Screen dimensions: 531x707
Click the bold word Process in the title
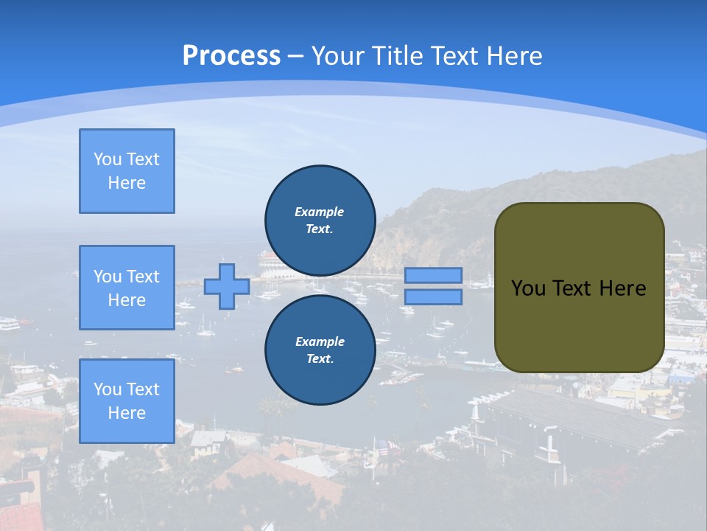point(231,56)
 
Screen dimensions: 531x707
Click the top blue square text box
point(127,171)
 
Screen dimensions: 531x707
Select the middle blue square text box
point(127,288)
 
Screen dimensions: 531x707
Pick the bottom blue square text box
point(127,401)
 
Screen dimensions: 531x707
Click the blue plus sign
point(227,286)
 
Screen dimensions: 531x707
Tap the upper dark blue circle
point(320,220)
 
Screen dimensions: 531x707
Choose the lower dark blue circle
point(320,350)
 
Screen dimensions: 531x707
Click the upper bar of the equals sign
point(433,276)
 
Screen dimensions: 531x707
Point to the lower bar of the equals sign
point(433,297)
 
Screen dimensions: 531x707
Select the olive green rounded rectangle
point(579,288)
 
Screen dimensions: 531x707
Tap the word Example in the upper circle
point(320,212)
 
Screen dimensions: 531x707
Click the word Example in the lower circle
point(320,341)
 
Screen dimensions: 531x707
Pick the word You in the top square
point(107,159)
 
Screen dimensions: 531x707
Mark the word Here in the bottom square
point(127,413)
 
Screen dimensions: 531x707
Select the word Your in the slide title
point(338,56)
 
